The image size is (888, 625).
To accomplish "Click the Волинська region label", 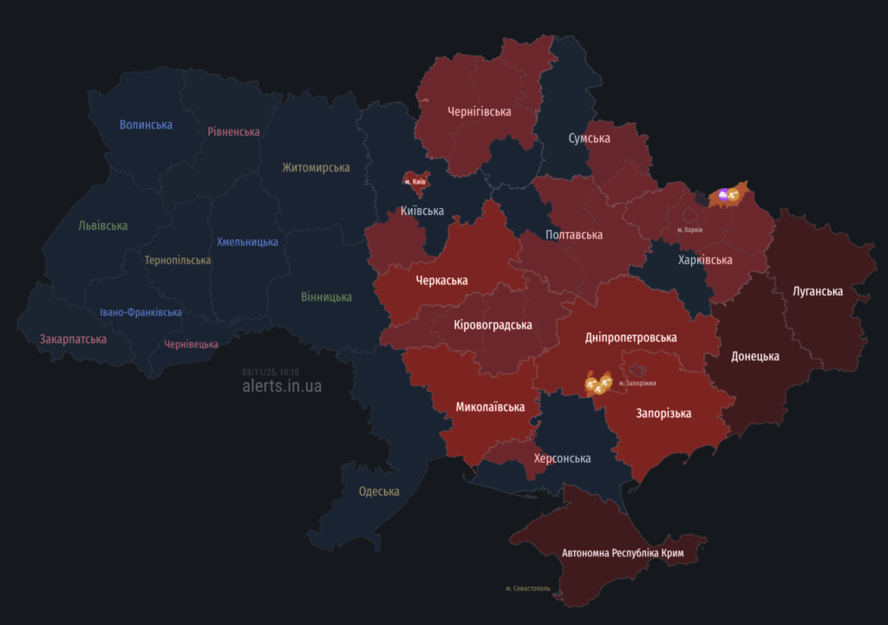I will click(x=146, y=125).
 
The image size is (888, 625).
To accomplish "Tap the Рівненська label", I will click(x=233, y=132).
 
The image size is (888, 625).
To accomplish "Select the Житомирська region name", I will click(x=316, y=167).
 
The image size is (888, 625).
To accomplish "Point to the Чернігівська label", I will click(x=479, y=112).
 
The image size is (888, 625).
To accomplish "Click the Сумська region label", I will click(x=589, y=139).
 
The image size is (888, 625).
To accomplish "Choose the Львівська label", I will click(x=102, y=225).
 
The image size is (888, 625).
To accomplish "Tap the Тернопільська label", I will click(x=178, y=260).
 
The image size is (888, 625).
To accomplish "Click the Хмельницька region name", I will click(x=247, y=242).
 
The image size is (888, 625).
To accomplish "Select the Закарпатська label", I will click(x=73, y=339).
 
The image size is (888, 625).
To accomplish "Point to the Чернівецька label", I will click(x=191, y=344).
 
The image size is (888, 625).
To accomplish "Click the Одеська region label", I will click(x=379, y=492).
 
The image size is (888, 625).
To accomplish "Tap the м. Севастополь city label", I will click(x=533, y=589).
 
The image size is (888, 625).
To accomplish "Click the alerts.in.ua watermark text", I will click(x=282, y=386).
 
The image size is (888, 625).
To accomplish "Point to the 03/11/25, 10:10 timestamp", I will click(x=271, y=372).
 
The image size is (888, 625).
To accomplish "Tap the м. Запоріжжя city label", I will click(x=637, y=382).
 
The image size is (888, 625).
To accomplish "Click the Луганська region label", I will click(x=817, y=291).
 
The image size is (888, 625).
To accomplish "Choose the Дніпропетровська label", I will click(x=630, y=337).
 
